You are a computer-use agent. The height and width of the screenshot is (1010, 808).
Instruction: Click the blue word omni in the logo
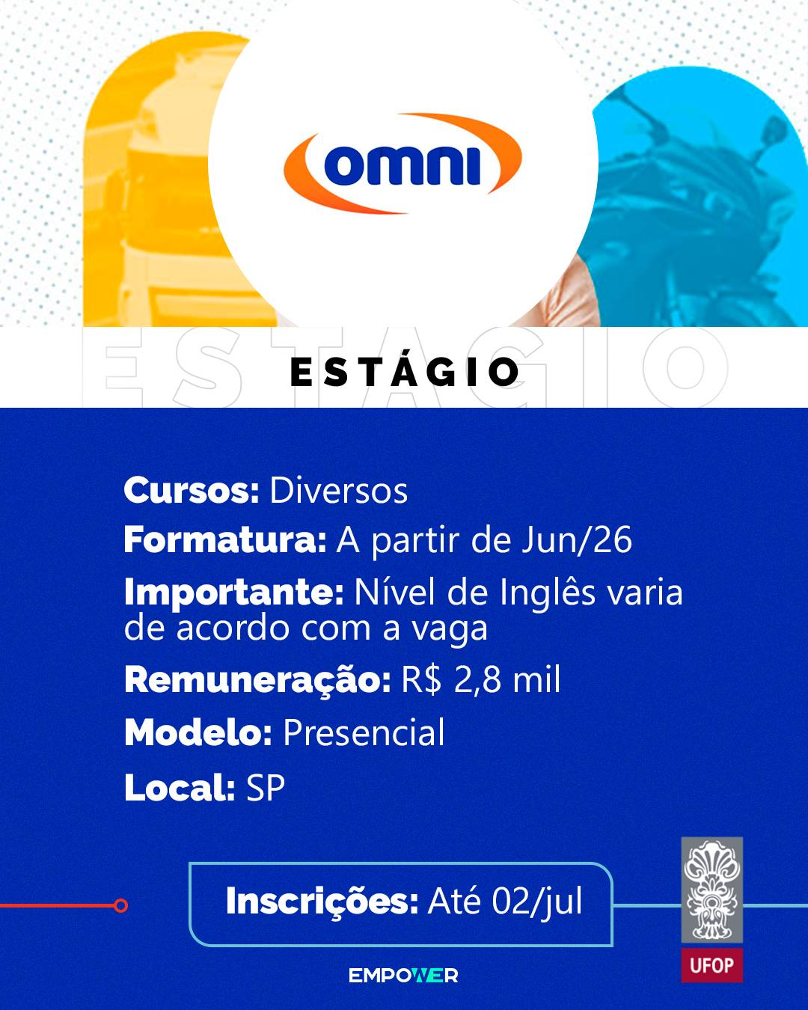(403, 166)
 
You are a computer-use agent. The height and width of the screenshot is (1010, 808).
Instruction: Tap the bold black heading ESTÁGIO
(405, 372)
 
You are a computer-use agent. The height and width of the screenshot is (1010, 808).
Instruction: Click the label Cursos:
(192, 491)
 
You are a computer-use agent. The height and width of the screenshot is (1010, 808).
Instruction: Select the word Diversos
(338, 492)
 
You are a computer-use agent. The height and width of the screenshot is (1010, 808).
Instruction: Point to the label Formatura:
(225, 539)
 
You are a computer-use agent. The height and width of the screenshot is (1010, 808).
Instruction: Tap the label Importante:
(234, 593)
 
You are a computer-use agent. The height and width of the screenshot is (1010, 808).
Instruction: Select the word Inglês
(548, 593)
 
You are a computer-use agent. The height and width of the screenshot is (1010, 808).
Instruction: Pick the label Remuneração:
(258, 679)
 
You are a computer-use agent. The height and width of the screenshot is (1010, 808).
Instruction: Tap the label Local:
(180, 788)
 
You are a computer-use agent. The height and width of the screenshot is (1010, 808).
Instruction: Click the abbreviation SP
(266, 788)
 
